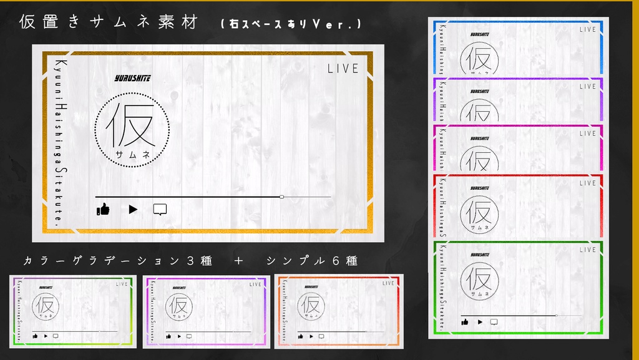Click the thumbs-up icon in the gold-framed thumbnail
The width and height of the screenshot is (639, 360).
[x=103, y=210]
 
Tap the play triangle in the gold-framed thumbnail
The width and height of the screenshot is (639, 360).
[x=132, y=210]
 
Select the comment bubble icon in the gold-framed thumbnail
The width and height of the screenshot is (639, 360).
[x=160, y=210]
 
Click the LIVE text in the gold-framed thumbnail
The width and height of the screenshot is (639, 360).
[x=343, y=69]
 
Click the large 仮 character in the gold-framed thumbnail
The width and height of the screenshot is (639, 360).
[x=130, y=125]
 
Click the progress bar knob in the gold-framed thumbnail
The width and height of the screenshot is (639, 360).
[x=281, y=197]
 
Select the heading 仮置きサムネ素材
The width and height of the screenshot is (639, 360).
[x=109, y=22]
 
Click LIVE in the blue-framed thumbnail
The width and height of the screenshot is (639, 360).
[x=587, y=29]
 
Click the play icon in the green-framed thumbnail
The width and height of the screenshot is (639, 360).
[x=480, y=322]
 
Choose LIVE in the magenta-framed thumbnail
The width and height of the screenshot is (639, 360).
[x=587, y=134]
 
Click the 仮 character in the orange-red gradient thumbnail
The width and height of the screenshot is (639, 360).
[x=310, y=305]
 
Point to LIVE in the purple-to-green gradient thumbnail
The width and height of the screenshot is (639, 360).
[x=122, y=284]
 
